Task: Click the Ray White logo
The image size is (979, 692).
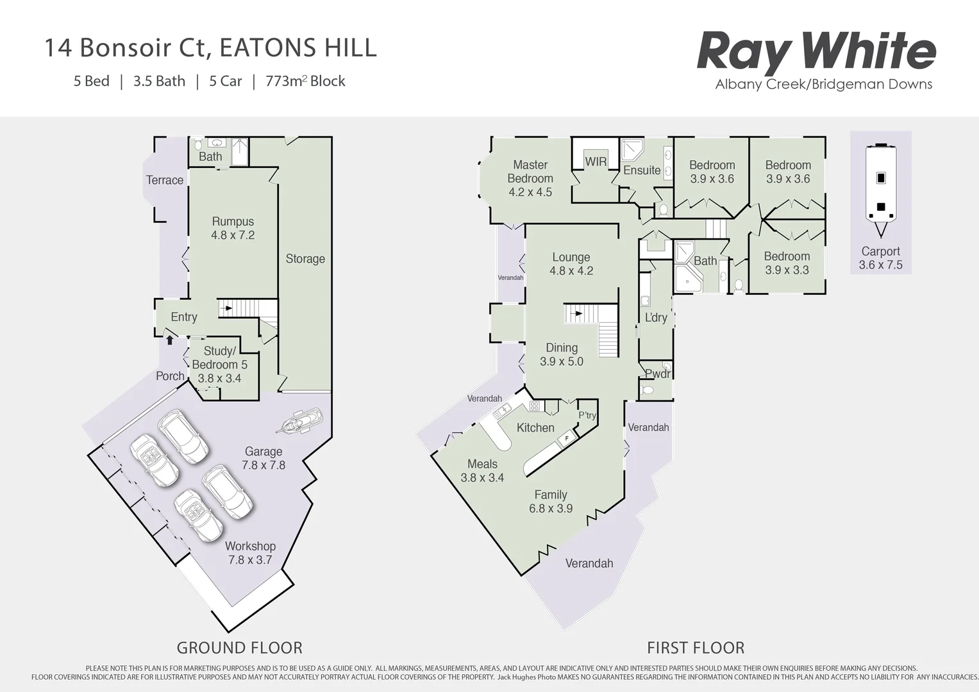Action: (x=816, y=53)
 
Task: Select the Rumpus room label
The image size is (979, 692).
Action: (x=233, y=222)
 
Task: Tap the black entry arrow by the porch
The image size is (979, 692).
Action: (x=169, y=340)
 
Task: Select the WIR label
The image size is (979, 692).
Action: (x=596, y=162)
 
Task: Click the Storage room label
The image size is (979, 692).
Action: (x=305, y=259)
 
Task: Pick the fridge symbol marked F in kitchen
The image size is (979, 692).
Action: (x=566, y=439)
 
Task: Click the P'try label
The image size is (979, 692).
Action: (x=587, y=415)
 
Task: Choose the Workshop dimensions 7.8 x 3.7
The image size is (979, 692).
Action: (x=250, y=560)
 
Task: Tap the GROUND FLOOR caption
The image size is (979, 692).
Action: (x=239, y=648)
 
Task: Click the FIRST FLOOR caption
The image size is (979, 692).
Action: (x=696, y=648)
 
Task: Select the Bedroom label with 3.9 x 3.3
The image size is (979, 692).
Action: (x=787, y=256)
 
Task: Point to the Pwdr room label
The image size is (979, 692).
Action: (x=657, y=374)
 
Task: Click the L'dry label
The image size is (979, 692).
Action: (x=656, y=318)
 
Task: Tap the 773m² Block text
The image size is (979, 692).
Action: (x=305, y=81)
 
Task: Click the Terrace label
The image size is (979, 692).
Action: (x=165, y=180)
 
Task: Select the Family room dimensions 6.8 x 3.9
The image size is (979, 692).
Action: (x=551, y=509)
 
